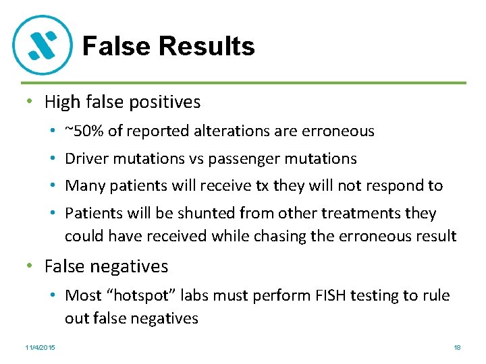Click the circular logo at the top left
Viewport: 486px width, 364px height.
(x=42, y=44)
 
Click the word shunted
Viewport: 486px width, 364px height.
(x=201, y=213)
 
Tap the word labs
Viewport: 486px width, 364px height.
(x=192, y=295)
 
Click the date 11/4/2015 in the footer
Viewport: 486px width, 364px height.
(x=40, y=347)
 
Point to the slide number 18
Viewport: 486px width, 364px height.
(x=457, y=347)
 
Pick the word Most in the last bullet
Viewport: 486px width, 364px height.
(x=82, y=295)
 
